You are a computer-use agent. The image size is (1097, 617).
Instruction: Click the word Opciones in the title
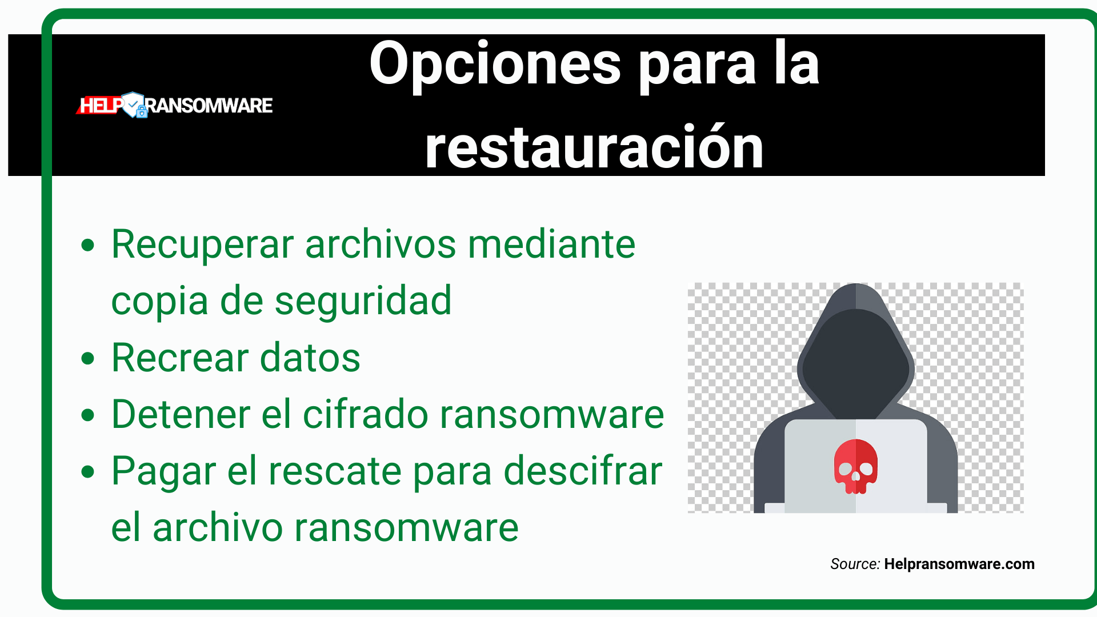495,64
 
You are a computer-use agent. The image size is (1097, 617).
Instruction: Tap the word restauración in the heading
594,149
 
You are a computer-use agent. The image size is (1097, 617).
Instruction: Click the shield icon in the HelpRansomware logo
134,105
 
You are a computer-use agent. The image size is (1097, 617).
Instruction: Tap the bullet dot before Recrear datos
87,359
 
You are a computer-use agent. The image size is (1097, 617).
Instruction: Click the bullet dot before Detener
87,415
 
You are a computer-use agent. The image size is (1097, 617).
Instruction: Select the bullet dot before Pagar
87,472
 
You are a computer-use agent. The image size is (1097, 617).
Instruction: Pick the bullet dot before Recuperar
87,246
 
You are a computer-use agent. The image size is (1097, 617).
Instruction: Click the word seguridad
363,301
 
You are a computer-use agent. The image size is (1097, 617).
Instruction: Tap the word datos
310,358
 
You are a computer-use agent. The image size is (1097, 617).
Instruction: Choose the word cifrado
365,414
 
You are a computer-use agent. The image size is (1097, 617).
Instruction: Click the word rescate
335,471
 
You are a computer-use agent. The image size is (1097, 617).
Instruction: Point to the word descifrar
583,471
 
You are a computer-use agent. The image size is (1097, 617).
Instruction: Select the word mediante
551,245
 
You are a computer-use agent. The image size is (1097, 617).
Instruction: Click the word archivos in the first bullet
381,245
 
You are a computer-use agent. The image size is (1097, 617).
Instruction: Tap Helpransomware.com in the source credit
959,564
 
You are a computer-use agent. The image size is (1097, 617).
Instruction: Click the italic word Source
854,564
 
